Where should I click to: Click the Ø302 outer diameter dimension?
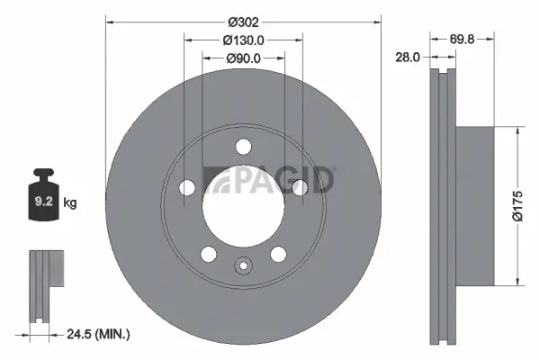point(243,21)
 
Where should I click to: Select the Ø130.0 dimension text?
point(243,40)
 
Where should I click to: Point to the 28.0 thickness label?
point(409,57)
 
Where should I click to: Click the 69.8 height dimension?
point(463,39)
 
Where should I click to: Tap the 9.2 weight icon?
point(43,201)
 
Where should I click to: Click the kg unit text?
point(69,203)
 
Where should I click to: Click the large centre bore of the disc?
point(243,200)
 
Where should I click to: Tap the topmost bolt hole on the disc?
point(243,147)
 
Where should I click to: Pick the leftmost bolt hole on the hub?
point(187,187)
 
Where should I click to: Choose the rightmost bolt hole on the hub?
point(299,186)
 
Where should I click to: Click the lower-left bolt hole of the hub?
point(208,253)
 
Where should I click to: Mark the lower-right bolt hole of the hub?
point(278,253)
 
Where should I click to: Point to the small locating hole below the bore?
point(243,265)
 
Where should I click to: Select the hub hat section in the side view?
point(475,205)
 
